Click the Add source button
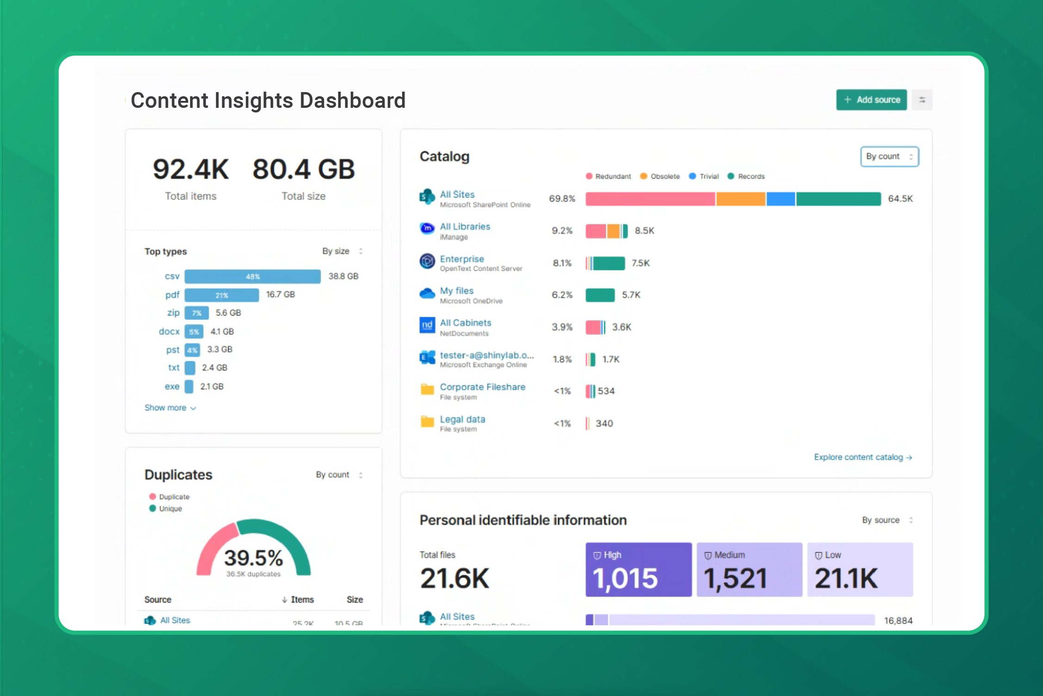(x=871, y=100)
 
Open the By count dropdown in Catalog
(x=889, y=156)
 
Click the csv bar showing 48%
(x=252, y=276)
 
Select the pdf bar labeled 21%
(x=222, y=295)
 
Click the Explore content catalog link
(x=863, y=457)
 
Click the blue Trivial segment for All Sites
(x=781, y=199)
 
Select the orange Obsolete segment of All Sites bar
(x=740, y=199)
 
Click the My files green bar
(x=600, y=295)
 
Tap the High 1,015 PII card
(x=638, y=570)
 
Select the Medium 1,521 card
(x=749, y=570)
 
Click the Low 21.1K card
(x=860, y=570)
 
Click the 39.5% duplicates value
(x=253, y=558)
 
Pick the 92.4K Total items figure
(x=191, y=169)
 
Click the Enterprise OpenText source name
(x=462, y=259)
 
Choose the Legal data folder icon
(x=427, y=422)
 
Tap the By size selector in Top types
(x=342, y=251)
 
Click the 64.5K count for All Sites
(x=900, y=199)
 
